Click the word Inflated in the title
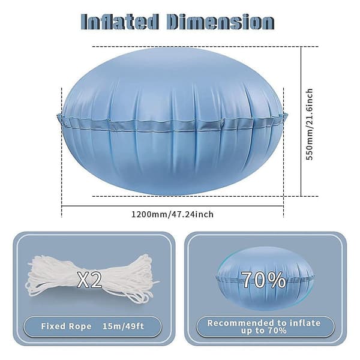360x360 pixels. [120, 22]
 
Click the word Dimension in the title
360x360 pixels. [220, 22]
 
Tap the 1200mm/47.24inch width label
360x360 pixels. [172, 214]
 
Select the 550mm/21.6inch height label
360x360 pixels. [310, 124]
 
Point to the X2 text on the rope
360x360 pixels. [89, 280]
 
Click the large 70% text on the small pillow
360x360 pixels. [264, 280]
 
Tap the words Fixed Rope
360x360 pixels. [66, 326]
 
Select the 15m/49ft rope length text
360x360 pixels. [123, 326]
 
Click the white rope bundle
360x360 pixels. [92, 279]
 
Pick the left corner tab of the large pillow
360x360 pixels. [61, 118]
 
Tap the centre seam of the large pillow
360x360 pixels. [172, 125]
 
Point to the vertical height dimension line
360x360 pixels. [301, 121]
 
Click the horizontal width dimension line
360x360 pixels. [172, 206]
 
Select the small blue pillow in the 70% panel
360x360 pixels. [265, 278]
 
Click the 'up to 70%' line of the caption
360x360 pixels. [264, 331]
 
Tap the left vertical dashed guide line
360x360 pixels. [62, 152]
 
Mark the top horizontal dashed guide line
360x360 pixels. [205, 47]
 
